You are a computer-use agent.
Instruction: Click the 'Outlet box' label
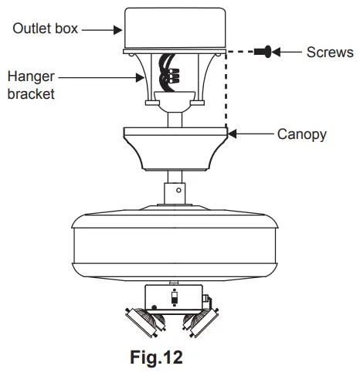pyautogui.click(x=44, y=29)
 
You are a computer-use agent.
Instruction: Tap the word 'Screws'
pyautogui.click(x=330, y=53)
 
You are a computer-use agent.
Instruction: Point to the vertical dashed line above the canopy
pyautogui.click(x=226, y=93)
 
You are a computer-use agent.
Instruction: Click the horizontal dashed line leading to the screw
pyautogui.click(x=245, y=53)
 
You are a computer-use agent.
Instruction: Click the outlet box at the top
pyautogui.click(x=175, y=26)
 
